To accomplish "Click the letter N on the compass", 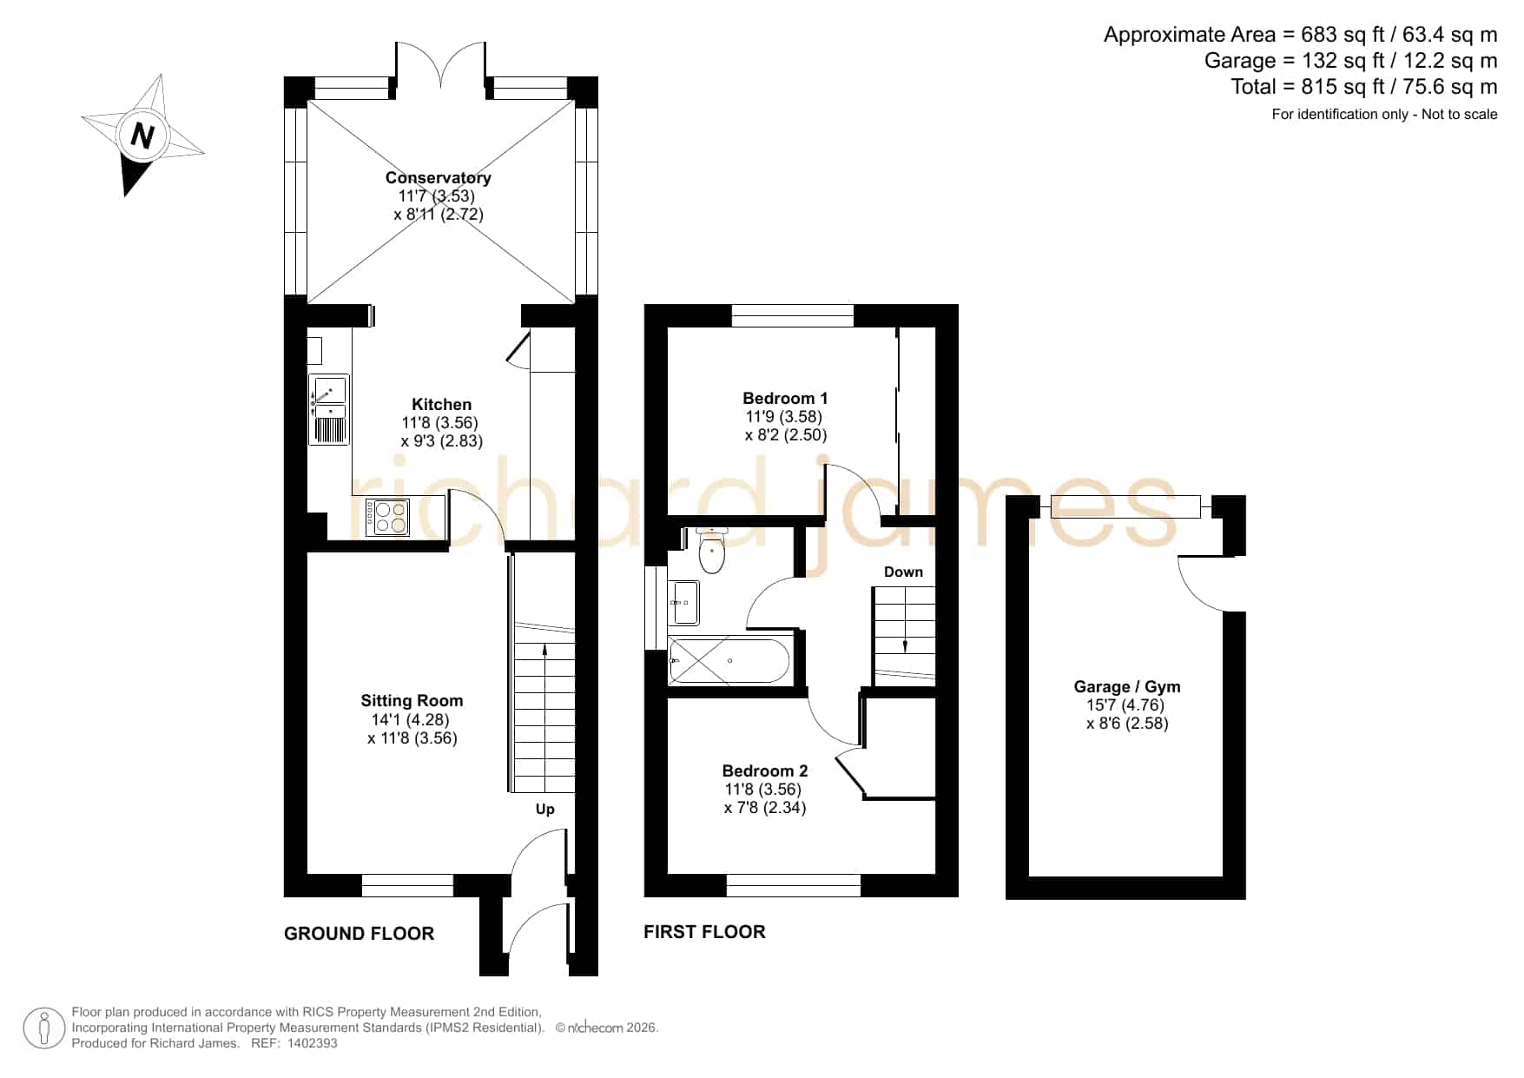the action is coord(142,136).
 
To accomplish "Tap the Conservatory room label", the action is coord(439,177).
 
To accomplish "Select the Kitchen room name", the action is coord(441,404).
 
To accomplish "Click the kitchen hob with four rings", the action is coord(387,518).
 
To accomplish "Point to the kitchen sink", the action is coord(329,410).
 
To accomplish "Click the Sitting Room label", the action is coord(412,700).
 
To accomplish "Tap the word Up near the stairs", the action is coord(544,810).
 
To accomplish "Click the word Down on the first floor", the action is coord(903,572).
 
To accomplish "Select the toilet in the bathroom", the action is coord(711,551).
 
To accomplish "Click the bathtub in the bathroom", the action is coord(729,661).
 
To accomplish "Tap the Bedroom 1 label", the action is coord(785,398).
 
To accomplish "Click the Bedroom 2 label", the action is coord(765,770).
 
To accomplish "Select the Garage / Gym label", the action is coord(1127,686).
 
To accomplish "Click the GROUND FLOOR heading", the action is coord(359,934).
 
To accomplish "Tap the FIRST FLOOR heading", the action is coord(704,932).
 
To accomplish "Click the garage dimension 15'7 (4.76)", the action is coord(1127,705).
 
